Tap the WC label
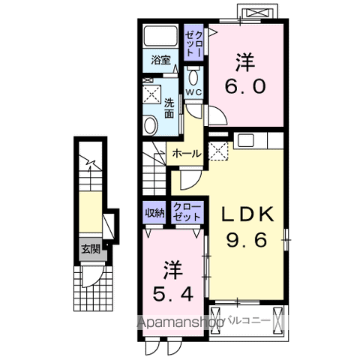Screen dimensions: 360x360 point(193,92)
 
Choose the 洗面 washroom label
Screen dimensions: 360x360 point(169,109)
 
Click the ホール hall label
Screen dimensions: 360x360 point(187,154)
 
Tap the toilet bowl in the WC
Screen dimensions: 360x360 point(193,77)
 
